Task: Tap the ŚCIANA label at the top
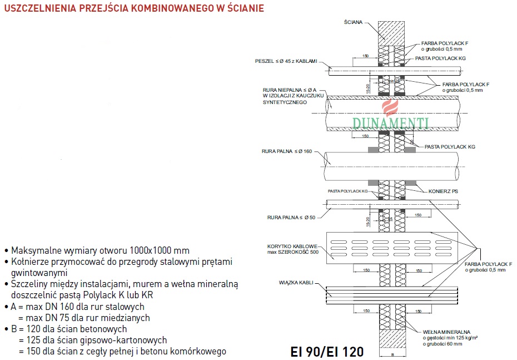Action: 353,22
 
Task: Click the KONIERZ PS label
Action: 443,191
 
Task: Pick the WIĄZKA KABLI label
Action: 295,282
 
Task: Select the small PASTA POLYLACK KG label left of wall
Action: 348,191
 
